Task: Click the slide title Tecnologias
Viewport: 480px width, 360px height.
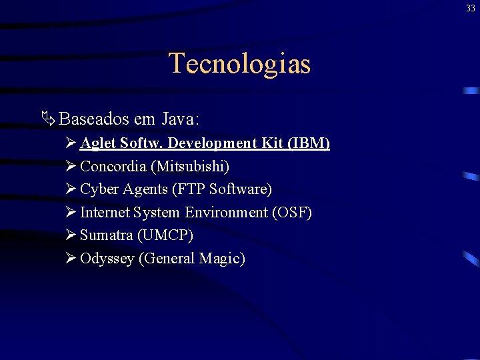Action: (239, 64)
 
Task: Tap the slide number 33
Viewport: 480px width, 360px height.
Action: (471, 8)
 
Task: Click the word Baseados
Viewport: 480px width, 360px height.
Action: (94, 119)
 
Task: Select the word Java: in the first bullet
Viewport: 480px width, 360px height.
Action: (180, 119)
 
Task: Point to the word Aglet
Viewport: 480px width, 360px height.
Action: (98, 143)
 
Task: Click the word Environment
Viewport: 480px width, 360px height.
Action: (226, 213)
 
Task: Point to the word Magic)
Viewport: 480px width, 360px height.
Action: (222, 259)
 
